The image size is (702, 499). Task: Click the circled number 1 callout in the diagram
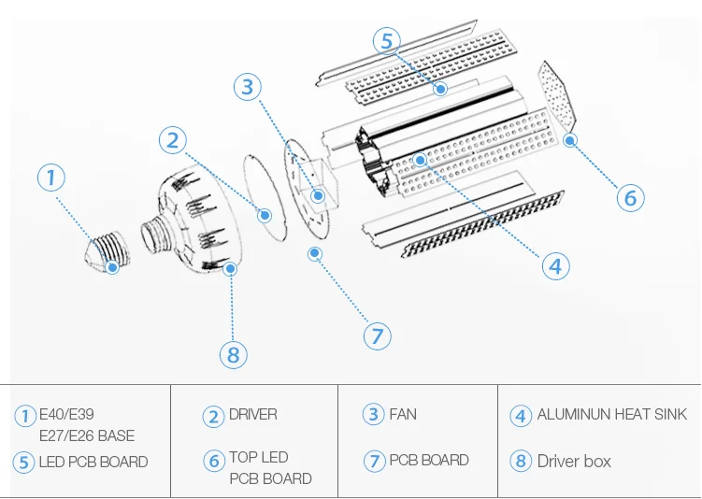(x=51, y=178)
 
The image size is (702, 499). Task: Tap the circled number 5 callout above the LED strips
(x=387, y=41)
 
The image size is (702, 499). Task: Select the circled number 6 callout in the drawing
(x=630, y=197)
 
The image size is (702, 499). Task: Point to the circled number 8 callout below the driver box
(x=234, y=355)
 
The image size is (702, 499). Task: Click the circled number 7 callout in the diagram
(x=377, y=336)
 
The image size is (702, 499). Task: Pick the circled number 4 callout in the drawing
(x=555, y=265)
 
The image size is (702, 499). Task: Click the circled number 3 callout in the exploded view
(x=248, y=86)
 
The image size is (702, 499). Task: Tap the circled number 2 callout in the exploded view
(x=173, y=140)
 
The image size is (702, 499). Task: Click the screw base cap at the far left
(x=107, y=252)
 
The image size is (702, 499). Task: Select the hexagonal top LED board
(x=557, y=95)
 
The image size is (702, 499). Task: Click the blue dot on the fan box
(x=318, y=195)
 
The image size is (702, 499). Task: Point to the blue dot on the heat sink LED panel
(x=420, y=160)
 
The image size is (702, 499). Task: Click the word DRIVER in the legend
(x=253, y=414)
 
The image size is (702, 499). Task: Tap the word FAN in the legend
(x=403, y=414)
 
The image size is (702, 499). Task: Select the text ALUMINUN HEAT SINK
(x=611, y=414)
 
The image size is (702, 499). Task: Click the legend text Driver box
(x=574, y=461)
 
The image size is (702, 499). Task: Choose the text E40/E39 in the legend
(x=66, y=414)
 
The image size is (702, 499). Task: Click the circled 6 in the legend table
(x=214, y=461)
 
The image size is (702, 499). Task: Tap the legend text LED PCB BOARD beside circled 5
(x=93, y=462)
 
